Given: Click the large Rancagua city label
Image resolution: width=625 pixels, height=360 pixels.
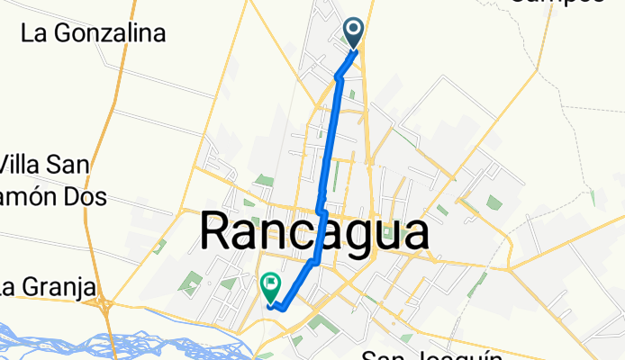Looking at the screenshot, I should [313, 233].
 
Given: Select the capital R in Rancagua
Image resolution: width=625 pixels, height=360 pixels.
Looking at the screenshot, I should [219, 233].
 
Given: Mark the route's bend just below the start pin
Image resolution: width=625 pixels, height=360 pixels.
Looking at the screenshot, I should [340, 76].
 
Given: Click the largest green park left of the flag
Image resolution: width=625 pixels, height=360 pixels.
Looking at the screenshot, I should [190, 286].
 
